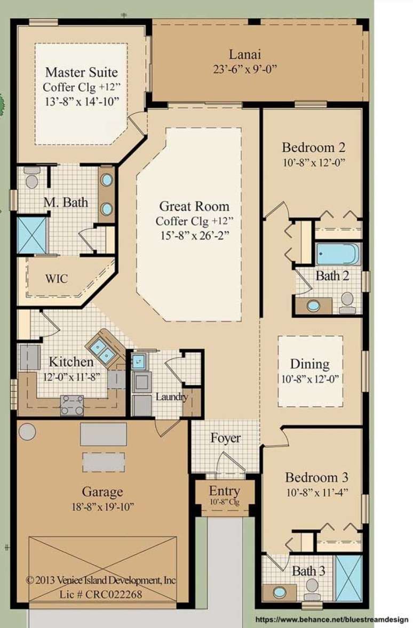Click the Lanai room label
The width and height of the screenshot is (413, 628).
point(245,54)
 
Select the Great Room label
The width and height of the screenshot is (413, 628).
point(194,206)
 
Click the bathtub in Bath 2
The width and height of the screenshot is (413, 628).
point(337,254)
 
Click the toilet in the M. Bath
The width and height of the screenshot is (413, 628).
point(32,179)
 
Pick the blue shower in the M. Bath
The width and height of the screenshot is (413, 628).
point(32,235)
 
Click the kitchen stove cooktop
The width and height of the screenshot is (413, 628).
point(72,404)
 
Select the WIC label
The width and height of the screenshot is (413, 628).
point(56,279)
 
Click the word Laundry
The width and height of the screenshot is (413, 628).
point(171,397)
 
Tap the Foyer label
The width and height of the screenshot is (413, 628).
point(225,438)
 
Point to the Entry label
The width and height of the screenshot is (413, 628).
point(224,490)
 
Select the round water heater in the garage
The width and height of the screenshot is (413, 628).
point(28,431)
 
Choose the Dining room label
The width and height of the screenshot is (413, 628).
point(309,364)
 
